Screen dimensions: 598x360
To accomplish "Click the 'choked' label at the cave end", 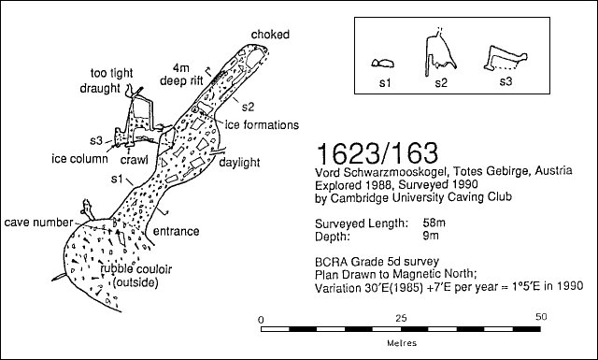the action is click(x=270, y=35).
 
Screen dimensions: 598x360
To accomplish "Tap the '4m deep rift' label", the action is click(x=180, y=75).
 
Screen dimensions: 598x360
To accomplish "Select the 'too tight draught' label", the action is click(x=106, y=80).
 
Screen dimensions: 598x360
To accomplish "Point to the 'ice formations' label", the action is click(x=262, y=125).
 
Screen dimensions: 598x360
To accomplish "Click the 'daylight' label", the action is click(x=239, y=163).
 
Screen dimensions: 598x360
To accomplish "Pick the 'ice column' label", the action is click(x=79, y=158).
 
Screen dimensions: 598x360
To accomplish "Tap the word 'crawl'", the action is click(x=134, y=160).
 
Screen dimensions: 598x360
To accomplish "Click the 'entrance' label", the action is click(x=177, y=231).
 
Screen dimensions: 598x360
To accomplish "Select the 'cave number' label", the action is click(x=38, y=223).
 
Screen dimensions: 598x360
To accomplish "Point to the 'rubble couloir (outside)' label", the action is click(x=136, y=276).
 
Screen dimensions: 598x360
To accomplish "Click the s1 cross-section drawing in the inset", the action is click(x=382, y=64).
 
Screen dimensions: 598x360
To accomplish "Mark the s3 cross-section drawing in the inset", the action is click(x=505, y=58).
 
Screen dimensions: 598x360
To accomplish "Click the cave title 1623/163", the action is click(x=377, y=154).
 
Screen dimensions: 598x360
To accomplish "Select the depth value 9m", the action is click(x=431, y=236).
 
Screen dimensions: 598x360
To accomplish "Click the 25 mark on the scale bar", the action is click(x=401, y=318).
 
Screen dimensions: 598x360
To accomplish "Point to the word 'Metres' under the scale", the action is click(x=402, y=343).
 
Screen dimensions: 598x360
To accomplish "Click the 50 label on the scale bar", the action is click(x=541, y=317).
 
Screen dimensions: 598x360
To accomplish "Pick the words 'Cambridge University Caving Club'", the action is click(x=421, y=197).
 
